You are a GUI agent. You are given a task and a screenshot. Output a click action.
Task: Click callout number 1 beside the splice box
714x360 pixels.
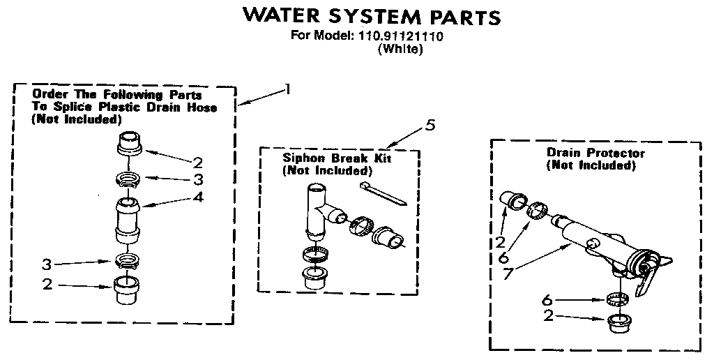point(286,89)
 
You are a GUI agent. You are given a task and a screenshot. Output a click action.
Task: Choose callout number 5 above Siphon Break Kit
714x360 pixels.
point(430,125)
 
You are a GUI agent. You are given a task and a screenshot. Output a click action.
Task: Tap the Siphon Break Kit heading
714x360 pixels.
point(337,158)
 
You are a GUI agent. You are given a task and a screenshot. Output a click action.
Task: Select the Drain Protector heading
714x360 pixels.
point(595,153)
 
